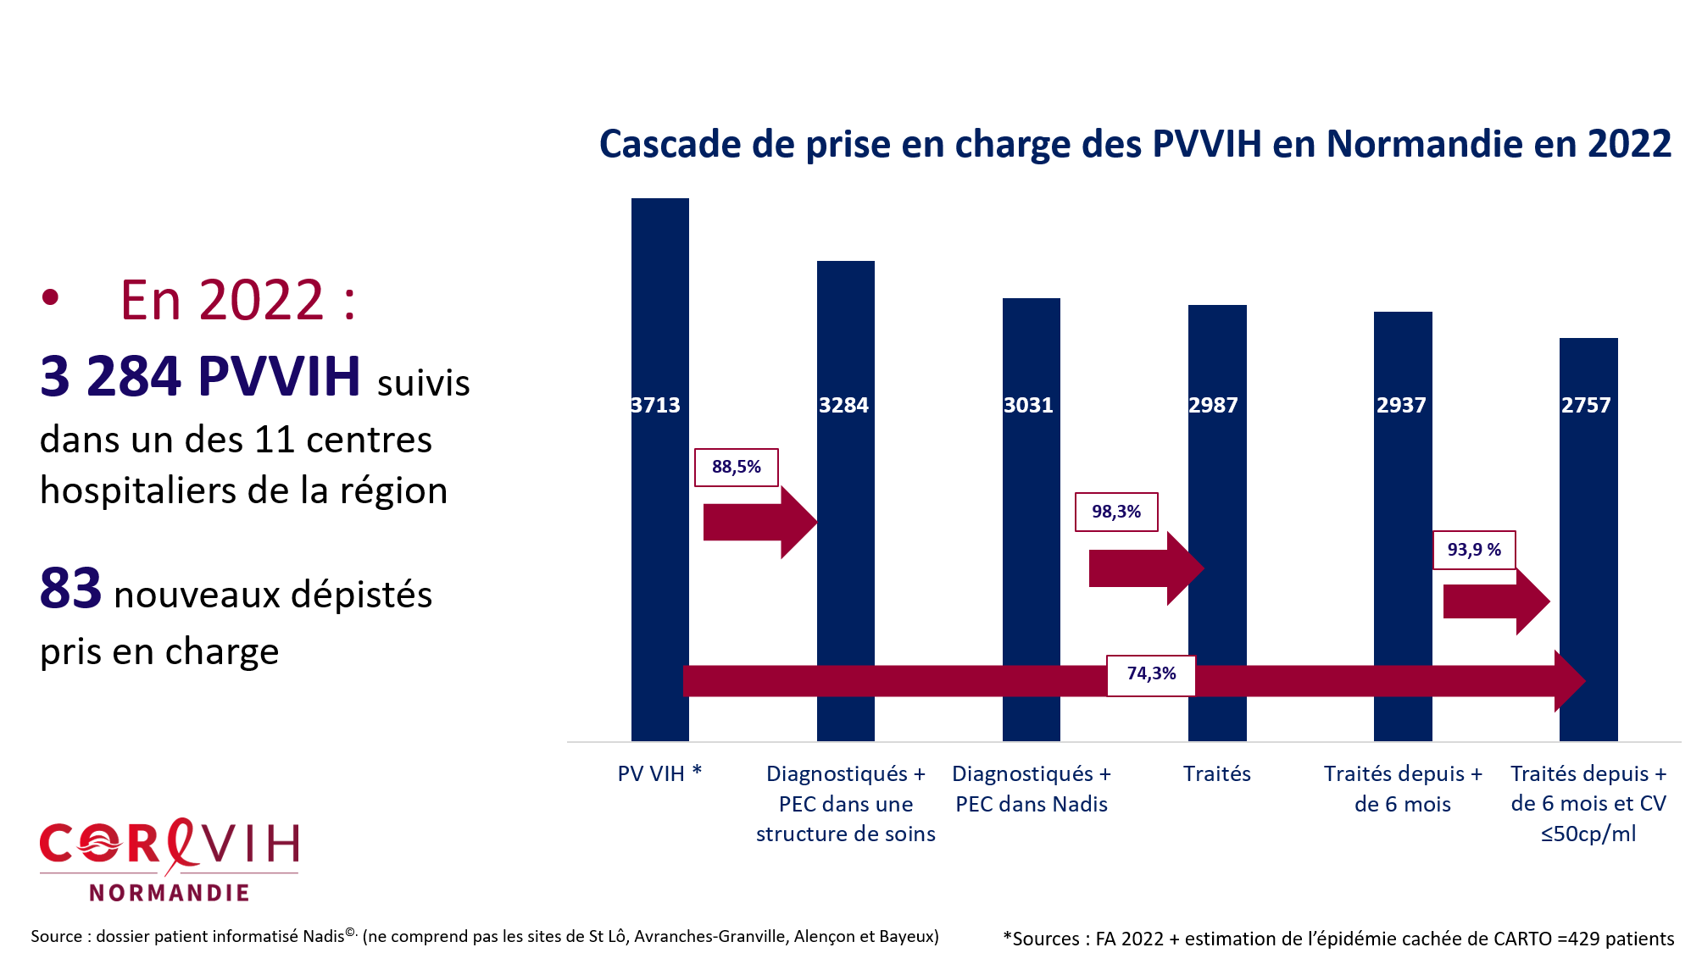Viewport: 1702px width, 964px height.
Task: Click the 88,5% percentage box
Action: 736,468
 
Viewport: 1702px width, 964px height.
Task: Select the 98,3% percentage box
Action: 1116,512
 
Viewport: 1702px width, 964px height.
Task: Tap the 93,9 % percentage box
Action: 1474,550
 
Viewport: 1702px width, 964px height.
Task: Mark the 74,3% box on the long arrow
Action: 1151,675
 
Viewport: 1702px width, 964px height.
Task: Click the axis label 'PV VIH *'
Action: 659,773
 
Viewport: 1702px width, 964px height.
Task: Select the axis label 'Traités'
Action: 1217,773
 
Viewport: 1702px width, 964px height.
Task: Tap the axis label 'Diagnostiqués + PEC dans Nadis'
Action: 1031,789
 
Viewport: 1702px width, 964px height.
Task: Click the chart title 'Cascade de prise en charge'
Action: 1135,144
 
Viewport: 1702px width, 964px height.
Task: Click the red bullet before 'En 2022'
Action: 51,297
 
